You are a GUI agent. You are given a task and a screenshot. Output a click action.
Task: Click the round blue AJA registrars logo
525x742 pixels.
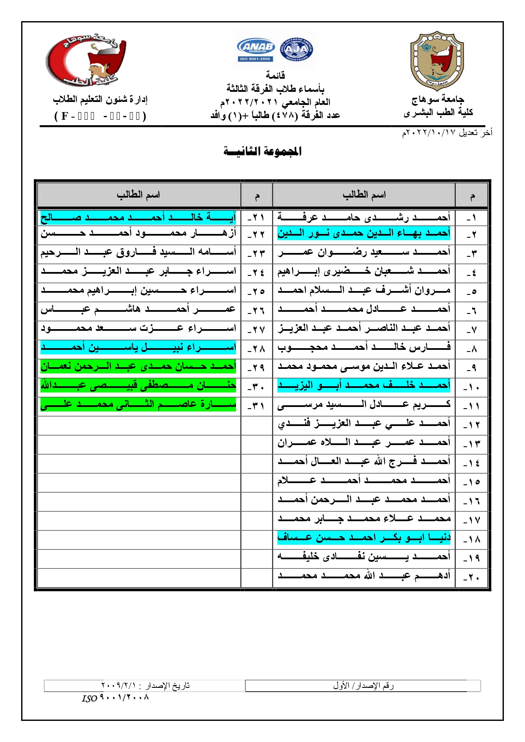tap(297, 50)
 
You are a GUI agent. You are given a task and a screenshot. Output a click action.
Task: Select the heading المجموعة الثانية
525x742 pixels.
tap(262, 151)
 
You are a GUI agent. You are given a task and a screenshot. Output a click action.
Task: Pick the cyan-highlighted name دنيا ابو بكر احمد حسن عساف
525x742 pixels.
tap(364, 537)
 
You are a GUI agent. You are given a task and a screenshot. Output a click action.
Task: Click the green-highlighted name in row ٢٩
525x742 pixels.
tap(138, 366)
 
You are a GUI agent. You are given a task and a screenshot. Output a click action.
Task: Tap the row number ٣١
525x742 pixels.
tap(256, 407)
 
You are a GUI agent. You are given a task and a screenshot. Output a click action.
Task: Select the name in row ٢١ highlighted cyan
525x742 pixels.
tap(138, 217)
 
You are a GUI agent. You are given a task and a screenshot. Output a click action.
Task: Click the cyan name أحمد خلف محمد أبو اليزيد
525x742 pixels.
tap(364, 385)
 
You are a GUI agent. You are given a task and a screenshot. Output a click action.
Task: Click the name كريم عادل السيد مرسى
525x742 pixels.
tap(364, 404)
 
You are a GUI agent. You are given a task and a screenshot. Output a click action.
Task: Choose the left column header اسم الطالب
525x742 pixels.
tap(138, 195)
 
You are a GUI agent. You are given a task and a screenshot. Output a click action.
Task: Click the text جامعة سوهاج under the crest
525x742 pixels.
tap(438, 99)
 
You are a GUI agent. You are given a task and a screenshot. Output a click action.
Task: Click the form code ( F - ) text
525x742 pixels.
tap(100, 116)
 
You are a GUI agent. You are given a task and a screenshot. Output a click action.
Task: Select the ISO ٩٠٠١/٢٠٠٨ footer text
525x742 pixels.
tap(115, 698)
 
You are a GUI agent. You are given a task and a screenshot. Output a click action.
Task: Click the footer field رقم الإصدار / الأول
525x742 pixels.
tap(363, 686)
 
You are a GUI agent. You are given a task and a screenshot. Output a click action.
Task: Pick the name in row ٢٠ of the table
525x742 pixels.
tap(364, 575)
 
